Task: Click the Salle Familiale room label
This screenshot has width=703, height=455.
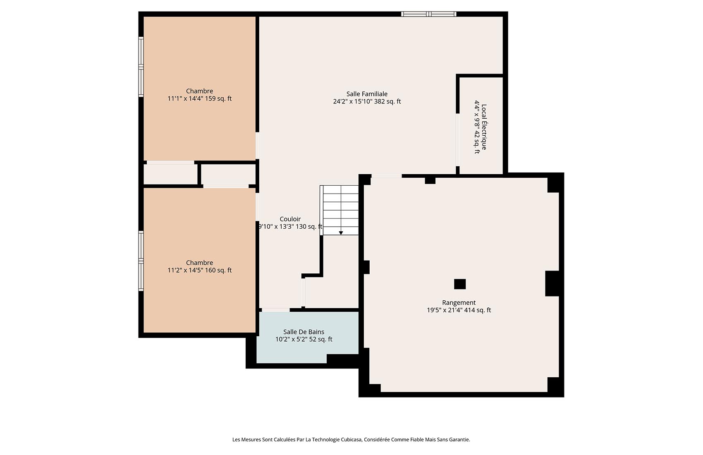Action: pyautogui.click(x=367, y=94)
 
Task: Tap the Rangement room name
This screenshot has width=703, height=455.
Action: pyautogui.click(x=459, y=303)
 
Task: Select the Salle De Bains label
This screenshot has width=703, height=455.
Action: pyautogui.click(x=304, y=332)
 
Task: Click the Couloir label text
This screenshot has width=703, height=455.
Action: pyautogui.click(x=290, y=219)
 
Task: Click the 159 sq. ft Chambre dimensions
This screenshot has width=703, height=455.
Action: pyautogui.click(x=199, y=99)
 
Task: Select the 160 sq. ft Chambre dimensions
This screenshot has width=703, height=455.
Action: pyautogui.click(x=199, y=271)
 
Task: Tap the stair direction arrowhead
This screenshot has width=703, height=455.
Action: pyautogui.click(x=341, y=233)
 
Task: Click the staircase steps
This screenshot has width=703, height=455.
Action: pyautogui.click(x=340, y=209)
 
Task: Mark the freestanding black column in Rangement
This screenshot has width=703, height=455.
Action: pyautogui.click(x=459, y=284)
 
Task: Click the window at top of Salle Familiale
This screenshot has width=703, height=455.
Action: pyautogui.click(x=428, y=14)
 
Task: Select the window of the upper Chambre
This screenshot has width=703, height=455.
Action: pyautogui.click(x=141, y=67)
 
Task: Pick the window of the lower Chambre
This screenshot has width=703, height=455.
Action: pyautogui.click(x=141, y=261)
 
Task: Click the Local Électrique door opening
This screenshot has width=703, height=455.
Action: pyautogui.click(x=457, y=140)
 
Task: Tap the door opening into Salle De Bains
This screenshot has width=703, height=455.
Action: pyautogui.click(x=275, y=310)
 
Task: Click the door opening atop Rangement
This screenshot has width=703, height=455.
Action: pyautogui.click(x=386, y=176)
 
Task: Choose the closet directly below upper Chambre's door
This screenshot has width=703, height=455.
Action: pyautogui.click(x=170, y=174)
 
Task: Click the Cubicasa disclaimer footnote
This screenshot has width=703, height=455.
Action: pyautogui.click(x=351, y=440)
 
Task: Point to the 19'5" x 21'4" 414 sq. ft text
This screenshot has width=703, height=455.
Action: pyautogui.click(x=459, y=310)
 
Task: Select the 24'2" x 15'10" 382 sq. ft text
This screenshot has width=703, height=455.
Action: pyautogui.click(x=367, y=102)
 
